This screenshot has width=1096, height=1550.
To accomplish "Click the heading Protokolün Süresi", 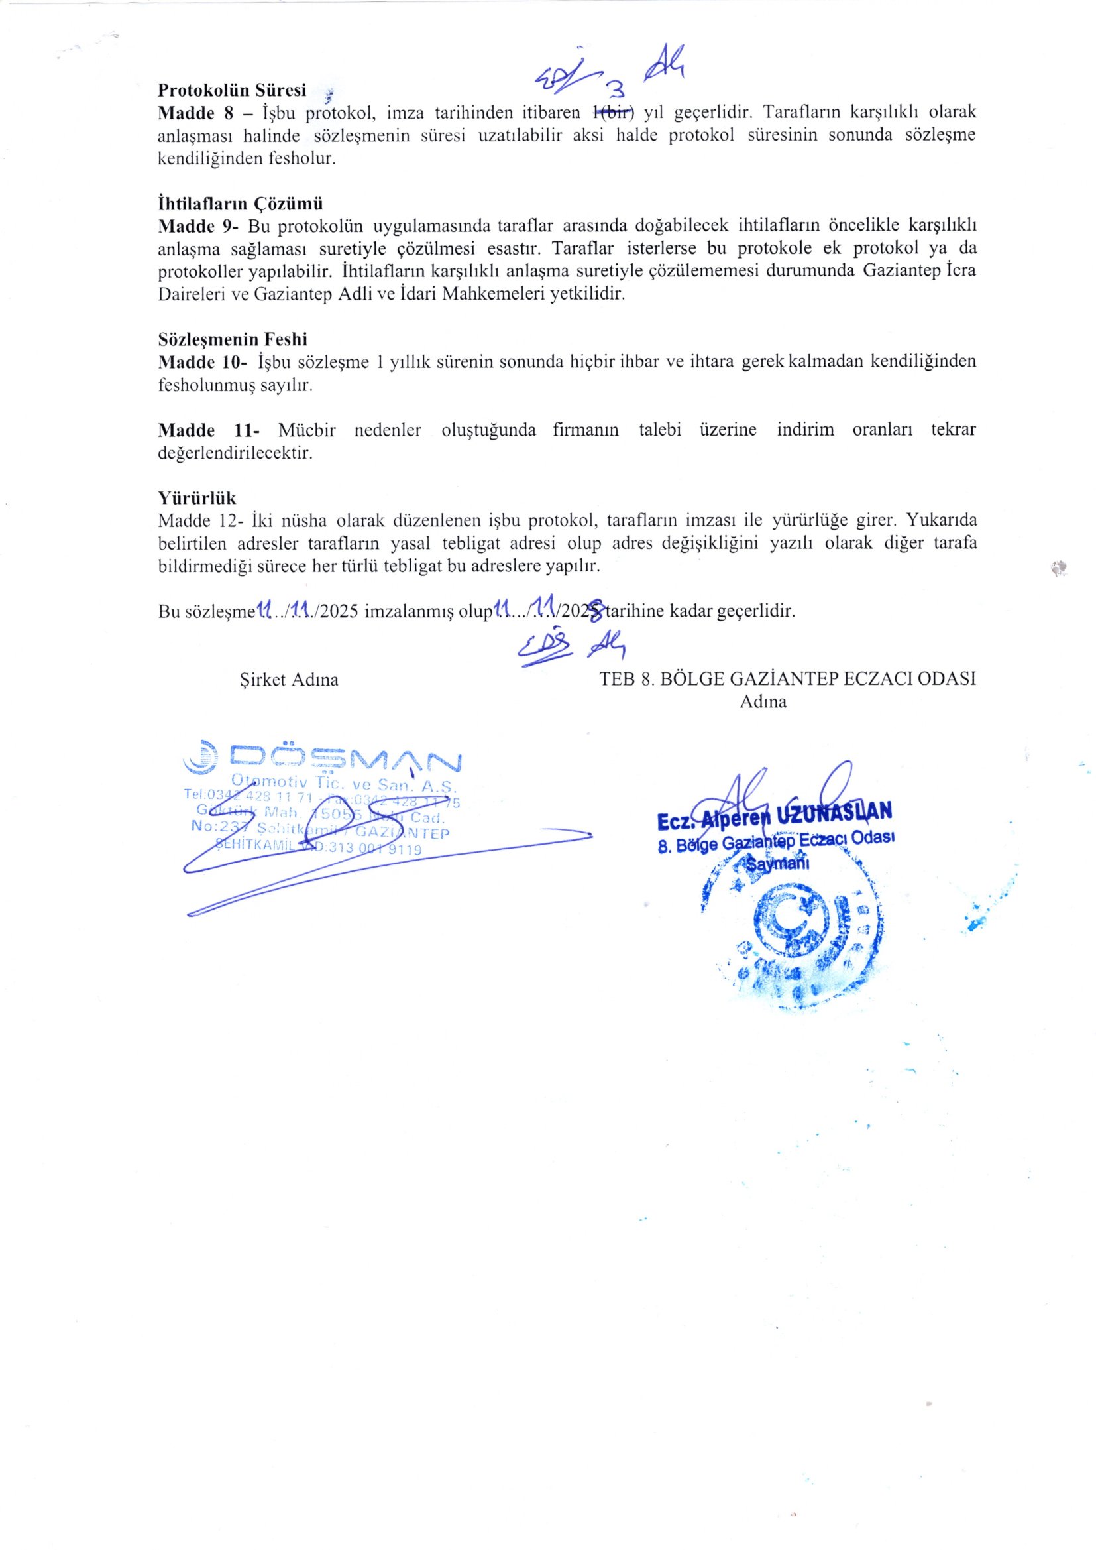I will [232, 89].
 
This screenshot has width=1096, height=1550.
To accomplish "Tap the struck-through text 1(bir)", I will [614, 112].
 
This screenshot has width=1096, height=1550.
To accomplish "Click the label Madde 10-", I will [203, 362].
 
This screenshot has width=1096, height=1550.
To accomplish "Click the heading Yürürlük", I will [197, 499].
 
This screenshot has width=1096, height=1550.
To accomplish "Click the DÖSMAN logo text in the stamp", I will [344, 761].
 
